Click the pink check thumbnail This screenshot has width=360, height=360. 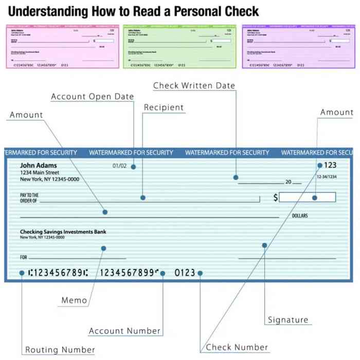click(62, 46)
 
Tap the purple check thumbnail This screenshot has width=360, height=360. click(298, 46)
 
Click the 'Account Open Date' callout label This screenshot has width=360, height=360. click(92, 97)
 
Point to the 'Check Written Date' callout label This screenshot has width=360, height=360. click(194, 85)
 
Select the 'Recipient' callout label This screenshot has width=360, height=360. click(164, 107)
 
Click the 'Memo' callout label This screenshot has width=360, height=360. click(74, 300)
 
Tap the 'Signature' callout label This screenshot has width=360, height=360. click(288, 320)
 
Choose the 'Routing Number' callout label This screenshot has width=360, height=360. click(60, 350)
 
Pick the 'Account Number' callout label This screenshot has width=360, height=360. click(125, 331)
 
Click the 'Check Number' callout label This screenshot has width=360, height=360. click(237, 347)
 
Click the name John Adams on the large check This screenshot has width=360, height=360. click(39, 166)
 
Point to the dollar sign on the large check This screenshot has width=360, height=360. click(276, 197)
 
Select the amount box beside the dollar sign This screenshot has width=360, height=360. click(307, 197)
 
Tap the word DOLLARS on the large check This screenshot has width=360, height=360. click(300, 216)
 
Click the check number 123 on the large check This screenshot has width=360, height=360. click(330, 165)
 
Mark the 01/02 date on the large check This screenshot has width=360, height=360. click(119, 166)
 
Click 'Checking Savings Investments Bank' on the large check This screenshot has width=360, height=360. click(63, 232)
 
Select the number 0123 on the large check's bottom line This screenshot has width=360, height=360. click(185, 273)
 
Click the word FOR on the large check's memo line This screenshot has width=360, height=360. click(24, 257)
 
